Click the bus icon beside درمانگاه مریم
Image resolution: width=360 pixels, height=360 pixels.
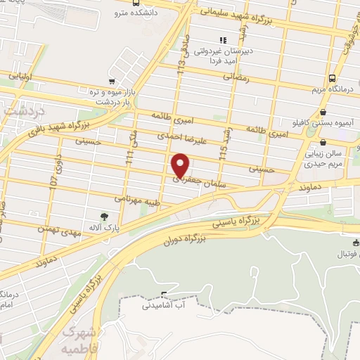pos(331,79)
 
